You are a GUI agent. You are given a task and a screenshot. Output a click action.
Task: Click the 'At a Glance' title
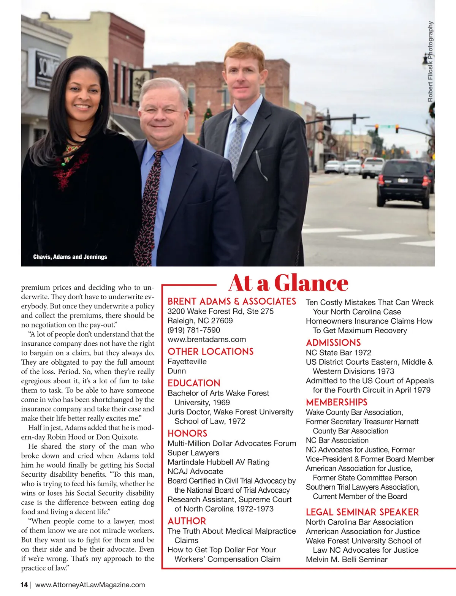point(288,283)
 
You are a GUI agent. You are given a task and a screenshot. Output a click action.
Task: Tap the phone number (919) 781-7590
point(194,330)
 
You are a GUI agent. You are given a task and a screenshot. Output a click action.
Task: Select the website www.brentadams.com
point(207,340)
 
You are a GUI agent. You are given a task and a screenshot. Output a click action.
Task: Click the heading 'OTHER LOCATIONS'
point(211,352)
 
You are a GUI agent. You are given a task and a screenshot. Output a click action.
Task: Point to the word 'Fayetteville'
point(187,362)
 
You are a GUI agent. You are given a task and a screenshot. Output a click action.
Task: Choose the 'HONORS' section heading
point(187,433)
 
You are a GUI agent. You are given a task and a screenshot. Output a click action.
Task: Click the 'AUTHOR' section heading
point(187,521)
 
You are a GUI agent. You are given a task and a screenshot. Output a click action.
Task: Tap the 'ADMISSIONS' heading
point(333,343)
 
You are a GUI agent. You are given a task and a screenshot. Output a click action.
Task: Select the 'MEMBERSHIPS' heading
point(336,402)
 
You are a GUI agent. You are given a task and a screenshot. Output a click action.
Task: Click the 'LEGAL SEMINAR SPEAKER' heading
point(362,512)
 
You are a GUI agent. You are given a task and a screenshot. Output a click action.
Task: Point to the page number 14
point(24,585)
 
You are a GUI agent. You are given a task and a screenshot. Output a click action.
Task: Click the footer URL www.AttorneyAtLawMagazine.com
point(90,585)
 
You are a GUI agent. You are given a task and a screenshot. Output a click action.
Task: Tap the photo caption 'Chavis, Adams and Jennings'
point(70,257)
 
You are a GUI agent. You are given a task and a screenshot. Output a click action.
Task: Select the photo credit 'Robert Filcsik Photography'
point(430,62)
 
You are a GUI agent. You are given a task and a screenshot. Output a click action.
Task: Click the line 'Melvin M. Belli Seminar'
point(347,560)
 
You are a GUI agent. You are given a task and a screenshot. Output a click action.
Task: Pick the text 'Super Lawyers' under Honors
point(193,453)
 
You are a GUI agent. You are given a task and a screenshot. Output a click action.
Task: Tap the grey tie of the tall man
point(236,144)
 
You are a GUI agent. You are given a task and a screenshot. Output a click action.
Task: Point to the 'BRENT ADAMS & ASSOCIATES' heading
point(232,302)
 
